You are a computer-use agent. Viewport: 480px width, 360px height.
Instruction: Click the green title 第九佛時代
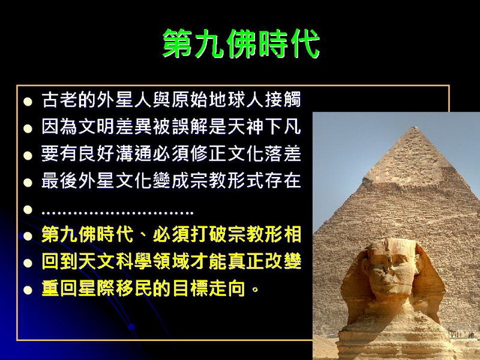tap(241, 43)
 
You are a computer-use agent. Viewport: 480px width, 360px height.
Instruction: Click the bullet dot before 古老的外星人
tap(28, 101)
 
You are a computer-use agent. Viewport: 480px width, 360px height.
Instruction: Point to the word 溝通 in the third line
tap(134, 154)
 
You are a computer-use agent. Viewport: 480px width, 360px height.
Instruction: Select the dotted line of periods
tap(117, 212)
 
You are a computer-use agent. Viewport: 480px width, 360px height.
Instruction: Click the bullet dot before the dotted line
tap(28, 209)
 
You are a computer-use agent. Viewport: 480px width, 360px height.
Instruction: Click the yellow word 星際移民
tap(115, 288)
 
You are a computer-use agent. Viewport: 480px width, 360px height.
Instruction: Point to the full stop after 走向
tap(255, 290)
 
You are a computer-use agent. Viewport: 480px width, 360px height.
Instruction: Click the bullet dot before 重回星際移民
tap(28, 290)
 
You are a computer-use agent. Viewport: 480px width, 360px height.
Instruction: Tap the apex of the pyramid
tap(415, 127)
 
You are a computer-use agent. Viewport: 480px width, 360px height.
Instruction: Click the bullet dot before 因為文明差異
tap(28, 128)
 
